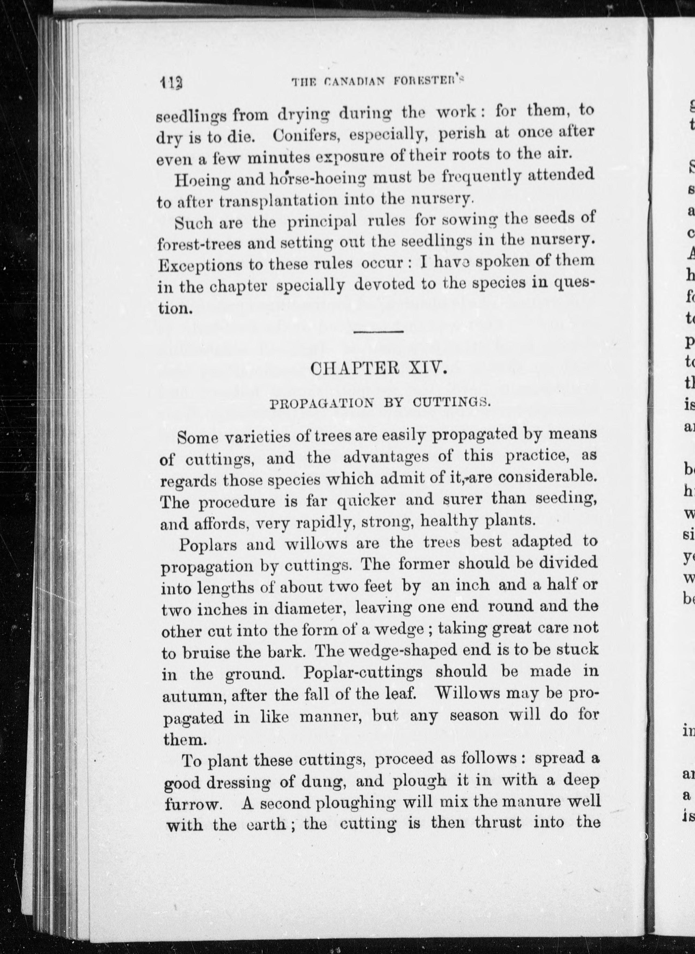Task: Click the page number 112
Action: (x=171, y=82)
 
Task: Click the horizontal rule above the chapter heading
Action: (x=378, y=332)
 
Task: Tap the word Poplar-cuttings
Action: (x=363, y=672)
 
